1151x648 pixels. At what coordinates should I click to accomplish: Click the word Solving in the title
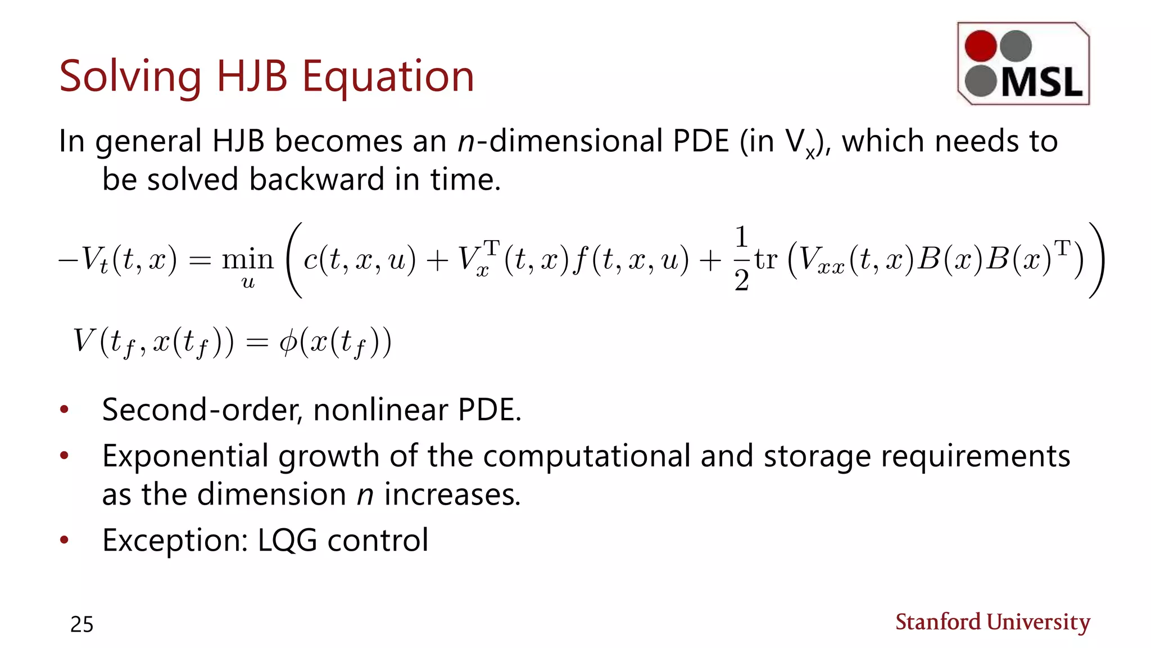130,76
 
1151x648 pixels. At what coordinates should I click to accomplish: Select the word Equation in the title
388,76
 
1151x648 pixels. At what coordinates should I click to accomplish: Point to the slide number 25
82,624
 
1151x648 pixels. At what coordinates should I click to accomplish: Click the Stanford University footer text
993,622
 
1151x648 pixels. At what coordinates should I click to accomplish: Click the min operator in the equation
248,259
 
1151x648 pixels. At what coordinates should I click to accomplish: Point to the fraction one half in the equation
741,259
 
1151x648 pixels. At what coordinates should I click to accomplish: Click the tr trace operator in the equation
766,259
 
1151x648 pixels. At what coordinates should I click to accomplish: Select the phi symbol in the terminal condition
288,341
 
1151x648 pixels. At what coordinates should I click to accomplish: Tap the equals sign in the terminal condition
257,342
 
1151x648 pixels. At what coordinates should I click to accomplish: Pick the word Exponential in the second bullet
185,456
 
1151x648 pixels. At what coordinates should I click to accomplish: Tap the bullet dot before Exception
65,541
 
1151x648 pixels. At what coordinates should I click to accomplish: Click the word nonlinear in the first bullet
380,409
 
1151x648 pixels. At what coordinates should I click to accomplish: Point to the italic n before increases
365,495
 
